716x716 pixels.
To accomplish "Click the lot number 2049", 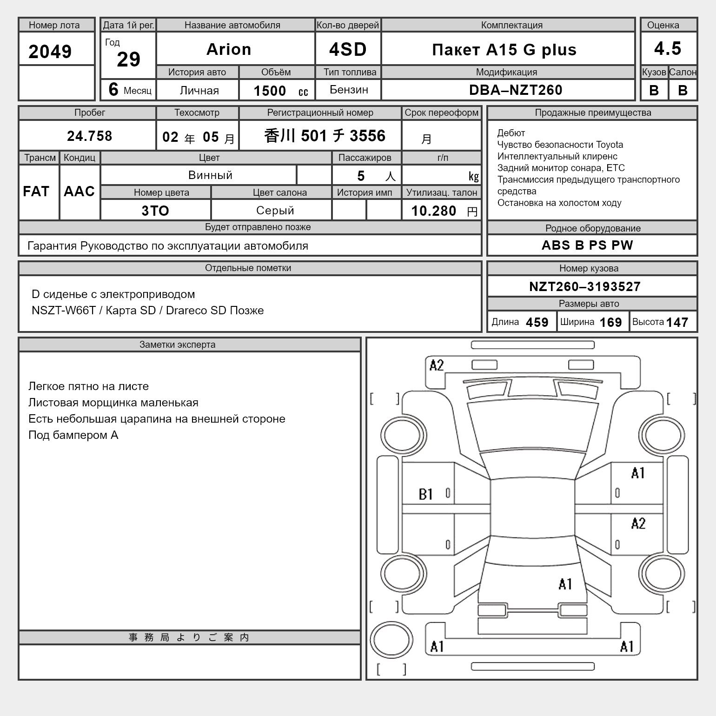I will (50, 51).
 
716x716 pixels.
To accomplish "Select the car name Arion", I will (229, 49).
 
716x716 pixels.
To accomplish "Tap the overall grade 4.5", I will (668, 48).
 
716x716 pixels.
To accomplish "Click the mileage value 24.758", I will (89, 136).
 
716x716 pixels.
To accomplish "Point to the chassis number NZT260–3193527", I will (585, 286).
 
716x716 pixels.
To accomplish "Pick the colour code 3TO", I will (155, 211).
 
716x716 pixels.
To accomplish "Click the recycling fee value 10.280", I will (434, 211).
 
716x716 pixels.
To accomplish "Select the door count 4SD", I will (348, 49).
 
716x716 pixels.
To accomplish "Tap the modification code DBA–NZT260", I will (516, 90).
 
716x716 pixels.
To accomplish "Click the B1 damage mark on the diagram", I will (426, 494).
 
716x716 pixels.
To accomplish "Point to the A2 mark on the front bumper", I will (437, 365).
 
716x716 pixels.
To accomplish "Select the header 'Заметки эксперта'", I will (177, 345).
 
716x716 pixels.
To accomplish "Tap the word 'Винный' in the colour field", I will (210, 175).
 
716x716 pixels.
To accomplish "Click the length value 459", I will (537, 322).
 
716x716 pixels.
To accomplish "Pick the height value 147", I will (677, 322).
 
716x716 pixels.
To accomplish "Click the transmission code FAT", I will (36, 191).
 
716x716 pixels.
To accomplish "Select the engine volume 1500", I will (270, 91).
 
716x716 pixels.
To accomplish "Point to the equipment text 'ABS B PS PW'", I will (587, 245).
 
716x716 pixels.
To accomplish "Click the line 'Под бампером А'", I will (73, 435).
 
